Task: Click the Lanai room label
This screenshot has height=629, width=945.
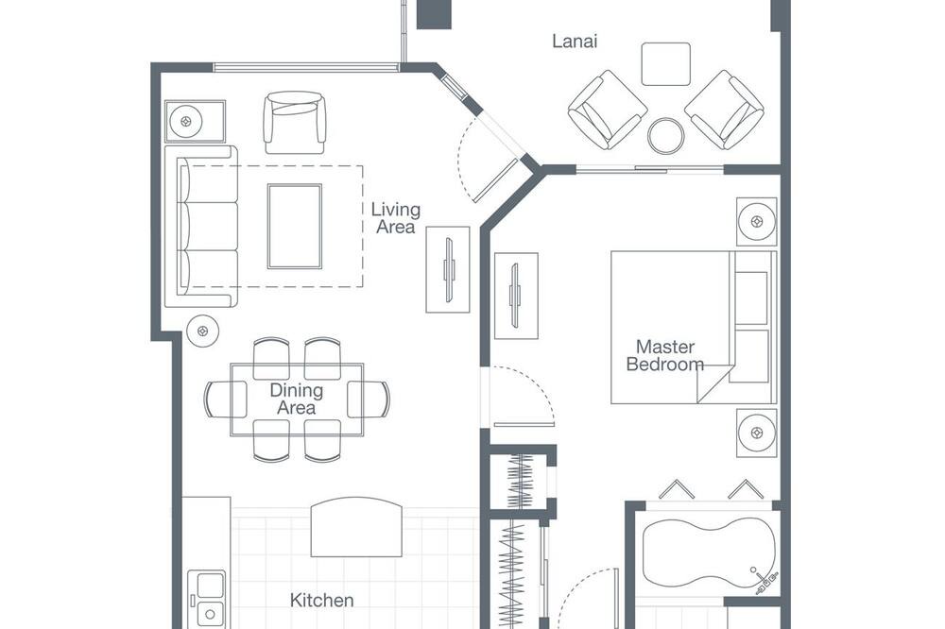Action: point(575,41)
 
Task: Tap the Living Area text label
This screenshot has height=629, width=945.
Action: point(395,218)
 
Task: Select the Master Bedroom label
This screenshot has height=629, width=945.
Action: point(664,355)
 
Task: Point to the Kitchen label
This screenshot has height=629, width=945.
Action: point(322,600)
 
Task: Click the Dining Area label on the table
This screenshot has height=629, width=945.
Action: point(296,399)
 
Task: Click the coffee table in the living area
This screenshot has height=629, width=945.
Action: point(295,226)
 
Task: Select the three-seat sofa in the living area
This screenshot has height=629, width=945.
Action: point(201,227)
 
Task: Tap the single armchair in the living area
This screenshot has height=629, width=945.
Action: point(295,123)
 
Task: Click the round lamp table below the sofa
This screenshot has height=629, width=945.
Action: point(202,331)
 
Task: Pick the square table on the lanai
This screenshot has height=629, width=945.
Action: point(666,64)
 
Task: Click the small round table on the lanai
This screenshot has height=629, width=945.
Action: point(666,136)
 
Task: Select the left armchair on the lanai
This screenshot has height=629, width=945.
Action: point(608,110)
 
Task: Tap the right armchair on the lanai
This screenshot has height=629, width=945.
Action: point(724,110)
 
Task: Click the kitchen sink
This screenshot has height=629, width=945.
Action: point(207,599)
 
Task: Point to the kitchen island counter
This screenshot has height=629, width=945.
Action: point(356,527)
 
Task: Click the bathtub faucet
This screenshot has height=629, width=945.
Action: point(764,580)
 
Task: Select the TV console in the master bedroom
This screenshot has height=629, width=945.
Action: point(517,296)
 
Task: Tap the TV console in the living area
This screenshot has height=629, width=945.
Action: point(448,269)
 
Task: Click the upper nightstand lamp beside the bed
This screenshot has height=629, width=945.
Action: point(756,222)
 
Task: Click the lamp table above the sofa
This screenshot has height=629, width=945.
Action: point(195,121)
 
